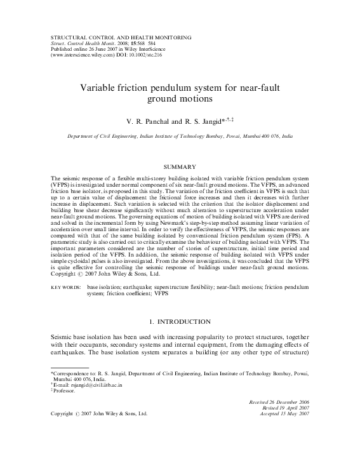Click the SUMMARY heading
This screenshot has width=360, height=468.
pyautogui.click(x=180, y=166)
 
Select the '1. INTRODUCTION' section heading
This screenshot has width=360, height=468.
pyautogui.click(x=180, y=322)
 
